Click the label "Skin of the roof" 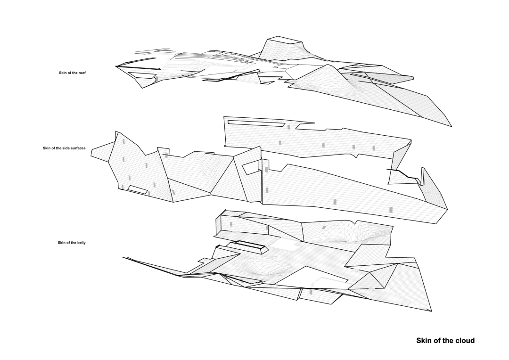(72, 73)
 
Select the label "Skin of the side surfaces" (64, 148)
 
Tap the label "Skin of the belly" (72, 243)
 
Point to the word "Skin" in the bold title (425, 340)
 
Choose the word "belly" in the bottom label (81, 243)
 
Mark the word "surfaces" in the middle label (77, 148)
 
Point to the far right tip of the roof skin (451, 126)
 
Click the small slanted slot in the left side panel (138, 189)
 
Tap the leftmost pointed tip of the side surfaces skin (92, 151)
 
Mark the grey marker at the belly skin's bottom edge (311, 292)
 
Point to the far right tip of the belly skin (431, 311)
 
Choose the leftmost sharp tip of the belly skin (123, 257)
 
